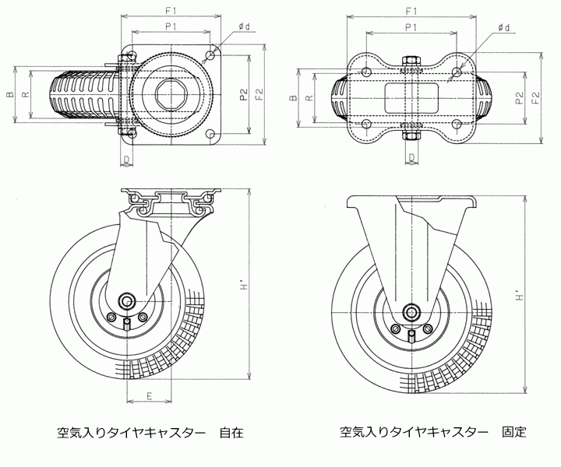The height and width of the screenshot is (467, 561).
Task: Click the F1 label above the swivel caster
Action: (171, 11)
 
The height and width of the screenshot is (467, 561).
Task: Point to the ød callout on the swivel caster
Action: (245, 27)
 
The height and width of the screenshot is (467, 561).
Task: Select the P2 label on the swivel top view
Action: (243, 96)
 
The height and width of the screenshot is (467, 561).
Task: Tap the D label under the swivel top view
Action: (126, 161)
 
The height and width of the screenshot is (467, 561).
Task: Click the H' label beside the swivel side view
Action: (245, 287)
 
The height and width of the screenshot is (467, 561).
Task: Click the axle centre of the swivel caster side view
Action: (126, 301)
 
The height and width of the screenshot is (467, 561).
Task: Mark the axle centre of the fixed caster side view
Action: (410, 313)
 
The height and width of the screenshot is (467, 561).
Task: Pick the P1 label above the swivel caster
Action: (171, 28)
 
